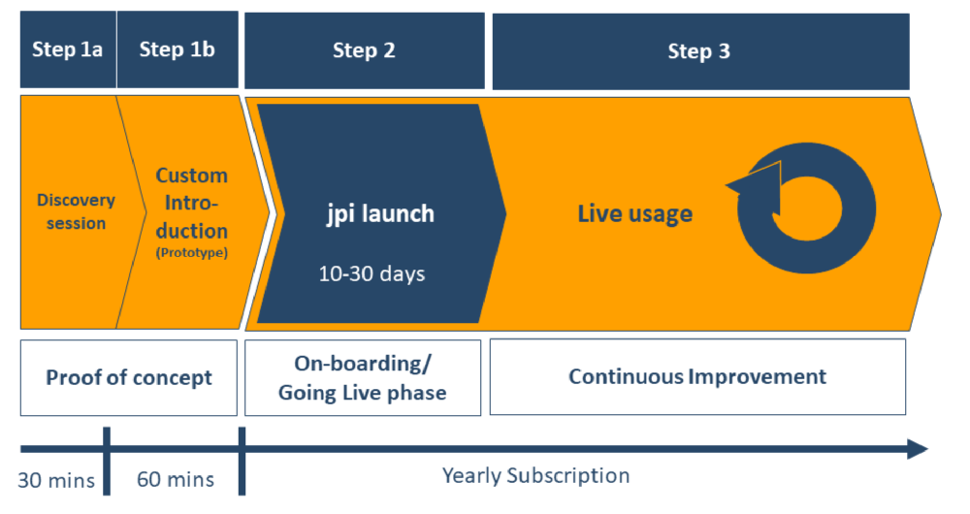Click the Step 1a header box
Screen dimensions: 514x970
tap(67, 50)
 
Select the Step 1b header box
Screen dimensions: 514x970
tap(177, 50)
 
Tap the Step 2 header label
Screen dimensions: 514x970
tap(364, 51)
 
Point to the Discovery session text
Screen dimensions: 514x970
tap(76, 211)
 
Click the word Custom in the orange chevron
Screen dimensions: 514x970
tap(192, 176)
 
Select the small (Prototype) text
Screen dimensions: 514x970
tap(192, 253)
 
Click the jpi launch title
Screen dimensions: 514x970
tap(379, 213)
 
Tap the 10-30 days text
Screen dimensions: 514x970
tap(372, 274)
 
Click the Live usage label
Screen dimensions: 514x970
tap(635, 213)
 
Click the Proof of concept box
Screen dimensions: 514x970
tap(128, 377)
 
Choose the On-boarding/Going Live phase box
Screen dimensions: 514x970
tap(362, 377)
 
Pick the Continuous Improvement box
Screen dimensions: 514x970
tap(696, 376)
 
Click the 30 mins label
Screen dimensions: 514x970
tap(56, 480)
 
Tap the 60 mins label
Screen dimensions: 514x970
tap(175, 480)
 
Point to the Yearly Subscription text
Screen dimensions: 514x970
tap(535, 476)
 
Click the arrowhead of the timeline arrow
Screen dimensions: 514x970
tap(917, 449)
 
